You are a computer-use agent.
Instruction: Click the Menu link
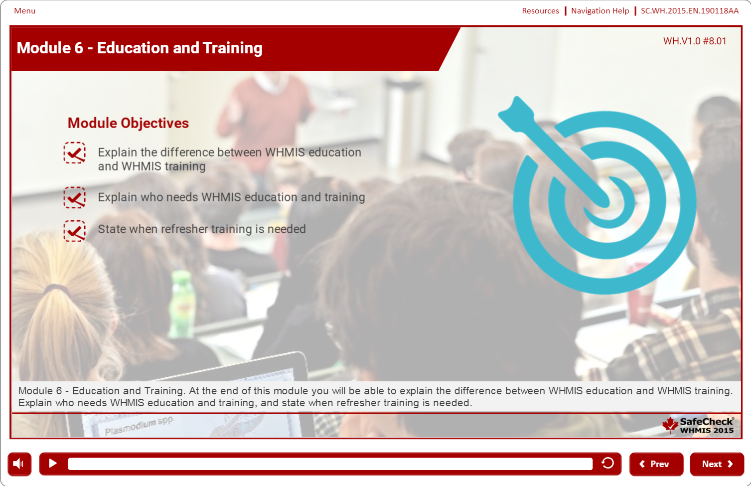(24, 11)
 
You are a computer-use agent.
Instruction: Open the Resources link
(540, 11)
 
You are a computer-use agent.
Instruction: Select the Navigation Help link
(600, 11)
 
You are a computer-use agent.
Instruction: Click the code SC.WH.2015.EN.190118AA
(689, 11)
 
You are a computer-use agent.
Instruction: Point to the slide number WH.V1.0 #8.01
(694, 41)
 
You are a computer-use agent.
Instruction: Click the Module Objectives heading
(128, 123)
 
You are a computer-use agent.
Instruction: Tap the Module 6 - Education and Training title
(140, 48)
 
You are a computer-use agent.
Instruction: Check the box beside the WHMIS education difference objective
(74, 153)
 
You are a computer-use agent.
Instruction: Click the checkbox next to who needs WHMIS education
(74, 197)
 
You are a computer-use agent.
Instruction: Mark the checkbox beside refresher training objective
(74, 231)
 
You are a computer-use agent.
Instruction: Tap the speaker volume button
(19, 464)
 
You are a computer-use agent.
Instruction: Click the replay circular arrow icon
(607, 463)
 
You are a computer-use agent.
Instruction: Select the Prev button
(656, 464)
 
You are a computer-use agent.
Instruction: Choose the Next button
(717, 464)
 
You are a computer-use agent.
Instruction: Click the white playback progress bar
(330, 464)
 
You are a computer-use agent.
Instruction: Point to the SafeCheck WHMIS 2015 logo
(698, 425)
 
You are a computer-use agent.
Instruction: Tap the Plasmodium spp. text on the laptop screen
(140, 426)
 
